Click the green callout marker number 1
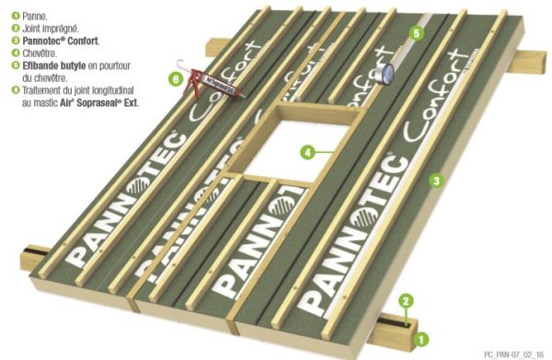click(422, 339)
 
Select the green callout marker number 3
click(437, 180)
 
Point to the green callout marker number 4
click(307, 150)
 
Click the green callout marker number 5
click(416, 34)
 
